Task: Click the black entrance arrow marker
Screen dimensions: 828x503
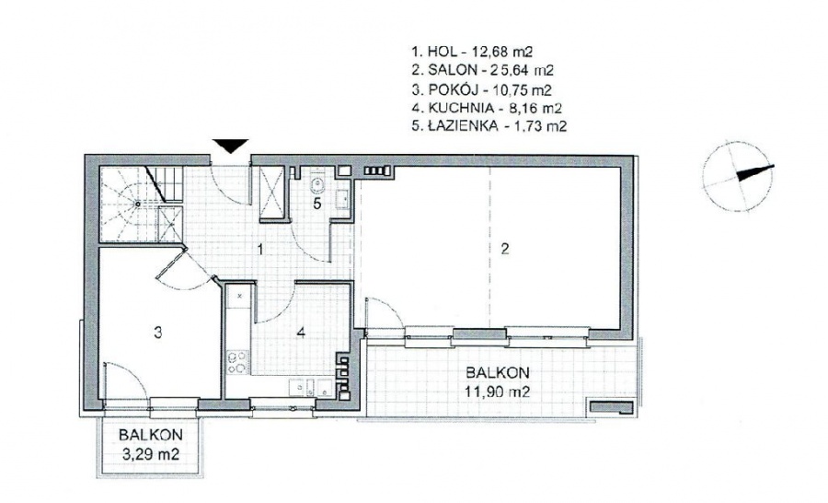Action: (x=230, y=146)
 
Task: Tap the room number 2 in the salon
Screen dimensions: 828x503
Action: (x=505, y=248)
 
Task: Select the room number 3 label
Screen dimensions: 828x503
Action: (x=158, y=333)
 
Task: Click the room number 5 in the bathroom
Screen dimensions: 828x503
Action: (x=316, y=204)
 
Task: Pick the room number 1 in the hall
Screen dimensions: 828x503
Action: (x=260, y=249)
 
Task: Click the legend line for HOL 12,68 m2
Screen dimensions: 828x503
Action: (x=472, y=52)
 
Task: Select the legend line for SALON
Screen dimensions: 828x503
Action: (x=483, y=70)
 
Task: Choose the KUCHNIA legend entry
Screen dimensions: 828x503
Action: (x=487, y=108)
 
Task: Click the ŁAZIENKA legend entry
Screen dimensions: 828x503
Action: (x=489, y=126)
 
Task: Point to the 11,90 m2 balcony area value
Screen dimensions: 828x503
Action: (x=498, y=392)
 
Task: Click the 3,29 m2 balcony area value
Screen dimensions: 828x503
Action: (x=151, y=454)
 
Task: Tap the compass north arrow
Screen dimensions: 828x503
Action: (x=755, y=172)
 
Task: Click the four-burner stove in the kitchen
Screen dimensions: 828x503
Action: (x=237, y=362)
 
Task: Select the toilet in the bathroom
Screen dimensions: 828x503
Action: (x=317, y=182)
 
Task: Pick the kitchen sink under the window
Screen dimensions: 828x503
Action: (x=311, y=388)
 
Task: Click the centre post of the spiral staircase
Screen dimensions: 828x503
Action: (x=137, y=203)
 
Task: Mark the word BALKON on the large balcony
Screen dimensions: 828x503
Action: (x=498, y=372)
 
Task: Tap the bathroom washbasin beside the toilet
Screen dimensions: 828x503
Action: (x=341, y=199)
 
